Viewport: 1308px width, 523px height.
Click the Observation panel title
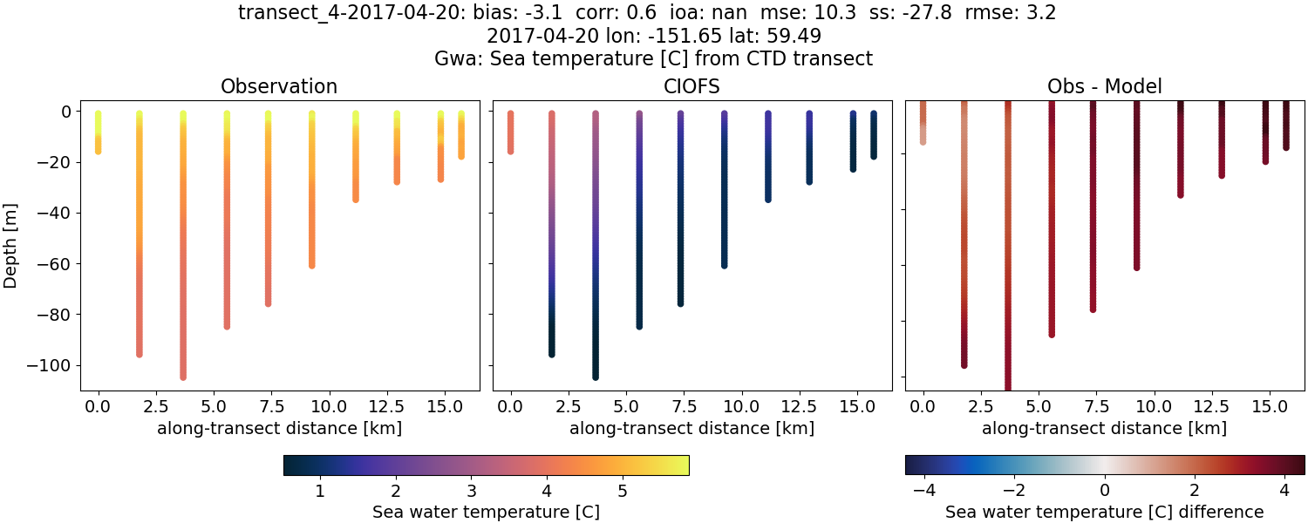(279, 86)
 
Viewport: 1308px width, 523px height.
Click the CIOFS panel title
(692, 86)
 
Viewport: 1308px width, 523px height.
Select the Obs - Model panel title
(1105, 86)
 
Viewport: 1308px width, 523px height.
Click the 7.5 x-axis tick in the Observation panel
(268, 406)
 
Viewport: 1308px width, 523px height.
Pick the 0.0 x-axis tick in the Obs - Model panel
(923, 406)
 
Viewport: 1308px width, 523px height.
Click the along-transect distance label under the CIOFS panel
(692, 429)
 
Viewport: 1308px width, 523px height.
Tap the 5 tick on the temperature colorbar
(623, 491)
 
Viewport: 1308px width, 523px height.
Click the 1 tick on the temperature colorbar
(320, 491)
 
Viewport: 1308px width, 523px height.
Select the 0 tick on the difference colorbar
(1105, 491)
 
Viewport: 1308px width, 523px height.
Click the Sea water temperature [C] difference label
(1105, 512)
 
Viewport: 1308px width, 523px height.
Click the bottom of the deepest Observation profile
(183, 377)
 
